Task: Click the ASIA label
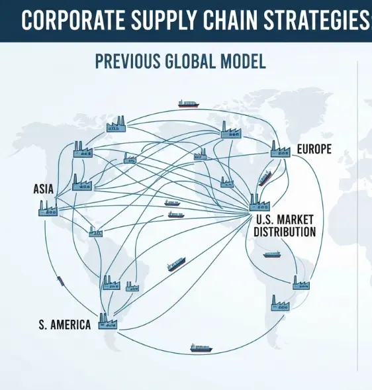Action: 43,189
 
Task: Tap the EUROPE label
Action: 314,149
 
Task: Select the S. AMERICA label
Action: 65,325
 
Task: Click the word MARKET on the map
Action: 295,220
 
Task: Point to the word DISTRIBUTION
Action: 285,232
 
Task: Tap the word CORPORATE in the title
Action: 73,20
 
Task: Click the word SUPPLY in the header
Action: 164,20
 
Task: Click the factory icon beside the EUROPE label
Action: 281,149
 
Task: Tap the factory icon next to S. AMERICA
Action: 108,321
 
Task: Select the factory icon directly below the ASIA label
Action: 48,208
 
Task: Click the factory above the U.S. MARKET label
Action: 259,203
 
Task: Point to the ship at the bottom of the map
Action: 201,348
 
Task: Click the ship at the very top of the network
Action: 189,104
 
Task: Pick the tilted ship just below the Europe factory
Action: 265,178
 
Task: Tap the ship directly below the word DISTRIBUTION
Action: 272,254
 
